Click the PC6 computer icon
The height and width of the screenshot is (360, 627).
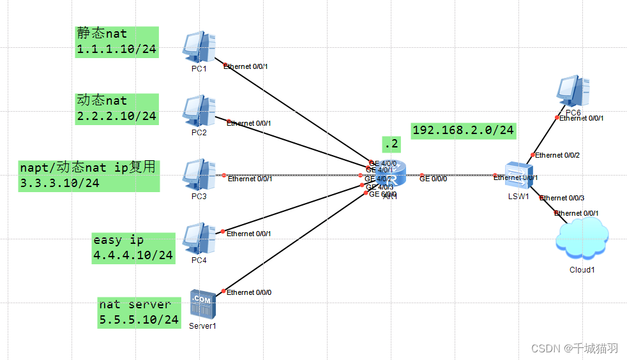click(572, 92)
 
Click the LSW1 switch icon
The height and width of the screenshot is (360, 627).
click(517, 176)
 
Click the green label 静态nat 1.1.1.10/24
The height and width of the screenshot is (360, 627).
click(116, 42)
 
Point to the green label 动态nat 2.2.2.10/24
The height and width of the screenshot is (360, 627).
click(116, 109)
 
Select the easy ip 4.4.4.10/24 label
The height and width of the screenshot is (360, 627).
click(133, 248)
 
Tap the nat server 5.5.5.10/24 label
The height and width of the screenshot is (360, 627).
click(138, 311)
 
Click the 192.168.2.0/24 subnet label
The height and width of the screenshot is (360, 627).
click(463, 130)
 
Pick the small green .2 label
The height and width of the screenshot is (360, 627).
click(391, 144)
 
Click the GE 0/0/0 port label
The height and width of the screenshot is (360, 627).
click(434, 179)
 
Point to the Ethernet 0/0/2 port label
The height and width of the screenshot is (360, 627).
click(558, 155)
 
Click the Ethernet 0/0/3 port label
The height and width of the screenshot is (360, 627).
click(563, 199)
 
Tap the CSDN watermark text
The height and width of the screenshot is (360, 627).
click(575, 348)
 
